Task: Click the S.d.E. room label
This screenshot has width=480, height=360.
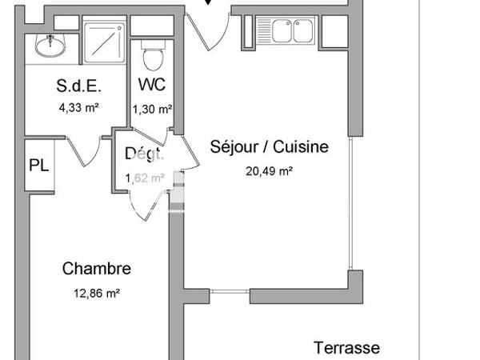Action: pyautogui.click(x=77, y=86)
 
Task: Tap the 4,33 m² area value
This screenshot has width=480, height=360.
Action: pyautogui.click(x=77, y=107)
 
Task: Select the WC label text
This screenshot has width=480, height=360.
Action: pyautogui.click(x=151, y=85)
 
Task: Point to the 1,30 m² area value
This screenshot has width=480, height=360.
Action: pyautogui.click(x=151, y=107)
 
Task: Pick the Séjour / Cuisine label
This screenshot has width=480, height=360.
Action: pyautogui.click(x=269, y=147)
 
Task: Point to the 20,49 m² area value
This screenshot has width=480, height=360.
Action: pyautogui.click(x=269, y=170)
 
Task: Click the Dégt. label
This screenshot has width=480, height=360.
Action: pyautogui.click(x=145, y=154)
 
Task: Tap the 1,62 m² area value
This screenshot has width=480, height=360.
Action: pyautogui.click(x=145, y=178)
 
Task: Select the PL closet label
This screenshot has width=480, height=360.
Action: pyautogui.click(x=38, y=165)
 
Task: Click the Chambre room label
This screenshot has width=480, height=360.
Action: pyautogui.click(x=96, y=269)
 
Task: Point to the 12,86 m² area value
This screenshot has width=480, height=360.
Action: pyautogui.click(x=96, y=293)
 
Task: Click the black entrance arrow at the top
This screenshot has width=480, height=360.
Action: pyautogui.click(x=209, y=3)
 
